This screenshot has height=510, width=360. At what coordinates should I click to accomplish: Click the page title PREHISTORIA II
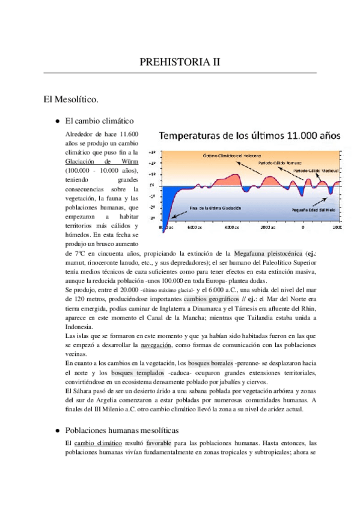pyautogui.click(x=180, y=61)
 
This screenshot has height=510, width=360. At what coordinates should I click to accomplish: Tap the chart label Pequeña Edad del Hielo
pyautogui.click(x=317, y=210)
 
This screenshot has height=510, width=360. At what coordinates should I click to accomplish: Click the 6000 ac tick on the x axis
pyautogui.click(x=194, y=229)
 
